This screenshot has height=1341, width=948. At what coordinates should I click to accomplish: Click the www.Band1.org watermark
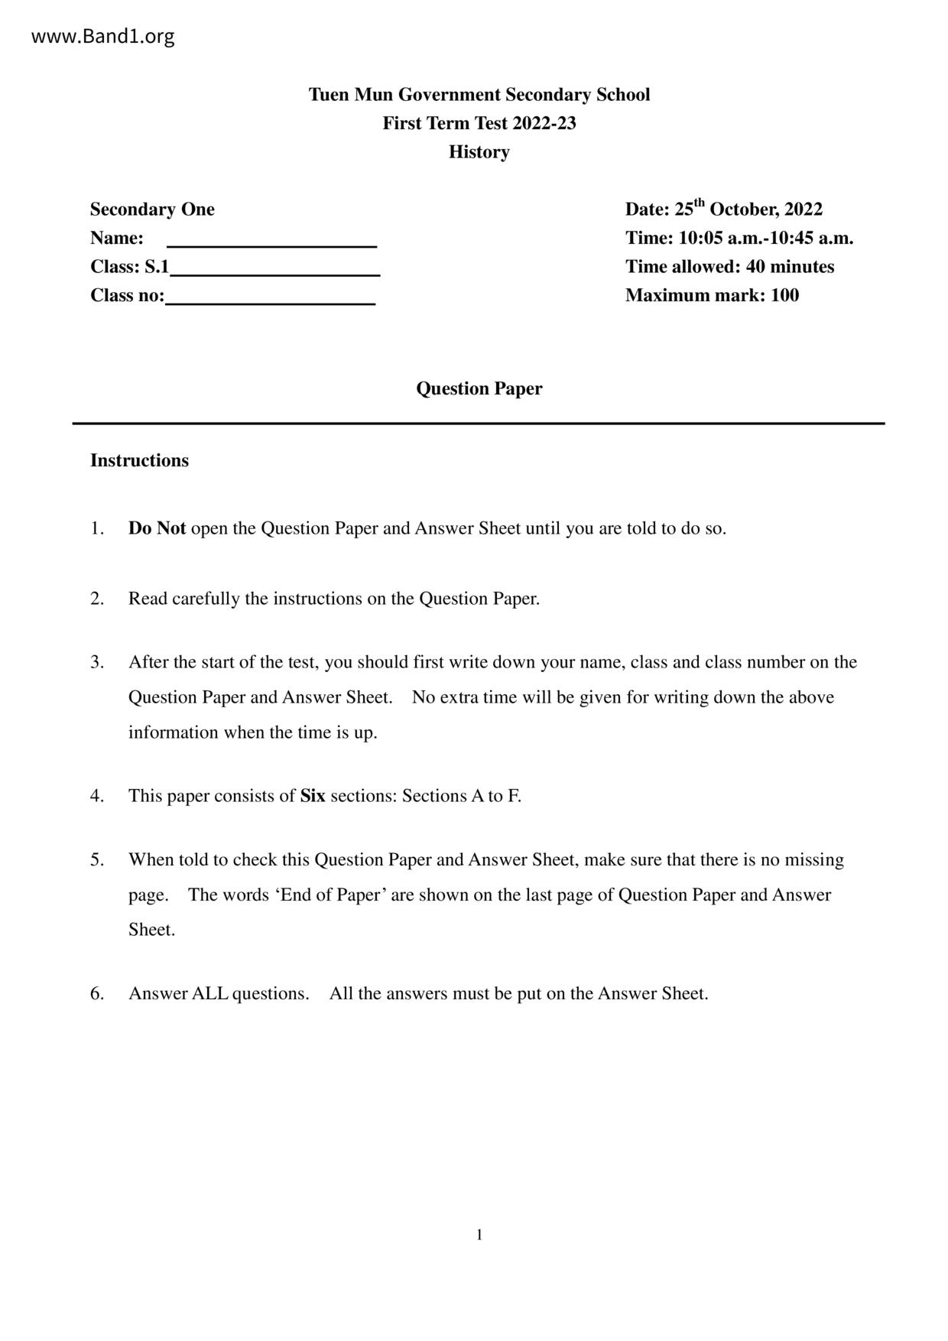click(102, 37)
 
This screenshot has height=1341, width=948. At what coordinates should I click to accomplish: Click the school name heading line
click(479, 95)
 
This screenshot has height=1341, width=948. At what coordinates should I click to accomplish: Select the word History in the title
click(479, 152)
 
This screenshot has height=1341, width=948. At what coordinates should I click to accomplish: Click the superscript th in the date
click(700, 203)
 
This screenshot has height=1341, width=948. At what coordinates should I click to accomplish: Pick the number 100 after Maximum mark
click(784, 296)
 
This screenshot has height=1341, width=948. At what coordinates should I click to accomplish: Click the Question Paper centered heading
click(479, 389)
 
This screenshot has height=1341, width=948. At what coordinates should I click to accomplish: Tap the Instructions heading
click(139, 461)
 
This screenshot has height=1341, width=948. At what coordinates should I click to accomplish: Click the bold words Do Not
click(157, 529)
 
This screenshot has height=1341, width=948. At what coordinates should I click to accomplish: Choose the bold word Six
click(313, 797)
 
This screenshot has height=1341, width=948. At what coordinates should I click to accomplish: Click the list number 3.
click(96, 662)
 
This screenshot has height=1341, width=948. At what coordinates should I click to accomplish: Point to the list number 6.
click(96, 994)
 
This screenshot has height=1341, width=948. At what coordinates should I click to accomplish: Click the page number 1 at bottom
click(479, 1235)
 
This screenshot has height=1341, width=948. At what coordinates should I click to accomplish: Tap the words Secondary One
click(152, 209)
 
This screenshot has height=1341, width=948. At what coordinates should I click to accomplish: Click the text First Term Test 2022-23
click(479, 124)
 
